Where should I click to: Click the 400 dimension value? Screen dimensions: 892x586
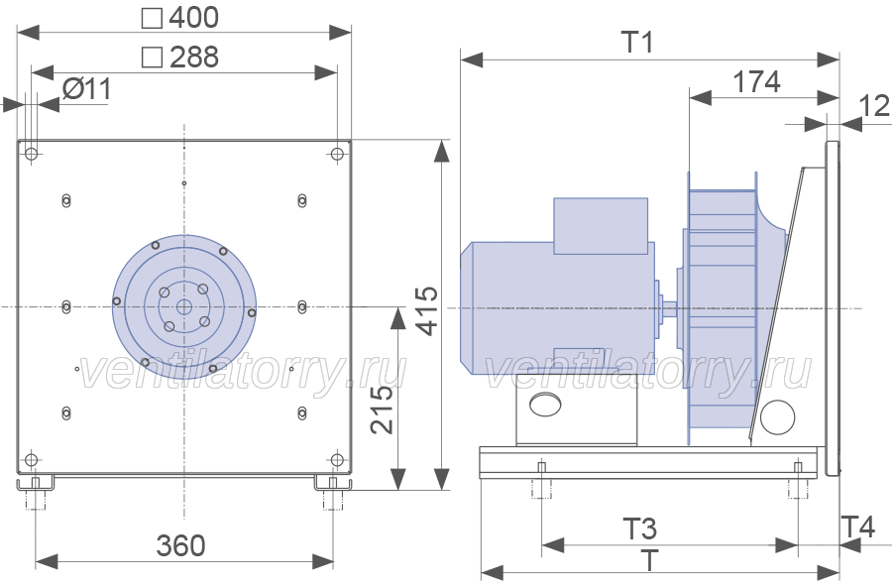click(193, 17)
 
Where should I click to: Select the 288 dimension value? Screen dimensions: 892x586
click(193, 57)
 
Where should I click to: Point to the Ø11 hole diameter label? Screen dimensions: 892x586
click(86, 89)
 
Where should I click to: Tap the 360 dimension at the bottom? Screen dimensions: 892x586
click(181, 545)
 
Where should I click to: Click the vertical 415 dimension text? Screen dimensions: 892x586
click(427, 310)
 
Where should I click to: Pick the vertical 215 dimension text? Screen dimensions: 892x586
click(382, 410)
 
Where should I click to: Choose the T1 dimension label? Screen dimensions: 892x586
click(637, 42)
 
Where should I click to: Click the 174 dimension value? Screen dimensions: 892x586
click(756, 82)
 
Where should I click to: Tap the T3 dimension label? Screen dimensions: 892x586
click(640, 529)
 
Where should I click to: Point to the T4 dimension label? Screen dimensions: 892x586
click(858, 527)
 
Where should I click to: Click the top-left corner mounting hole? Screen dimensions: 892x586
click(32, 154)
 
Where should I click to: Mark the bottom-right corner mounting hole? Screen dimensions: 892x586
click(337, 460)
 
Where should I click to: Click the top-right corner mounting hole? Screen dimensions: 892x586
click(337, 154)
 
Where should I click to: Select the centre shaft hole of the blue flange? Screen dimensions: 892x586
click(183, 307)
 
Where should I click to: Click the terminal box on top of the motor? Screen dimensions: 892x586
click(601, 226)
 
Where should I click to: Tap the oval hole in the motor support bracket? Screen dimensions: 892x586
click(545, 404)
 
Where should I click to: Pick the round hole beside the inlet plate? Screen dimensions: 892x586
click(777, 417)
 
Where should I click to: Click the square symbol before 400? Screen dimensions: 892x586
click(152, 18)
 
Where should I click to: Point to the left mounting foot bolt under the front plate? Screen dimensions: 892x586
click(36, 494)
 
